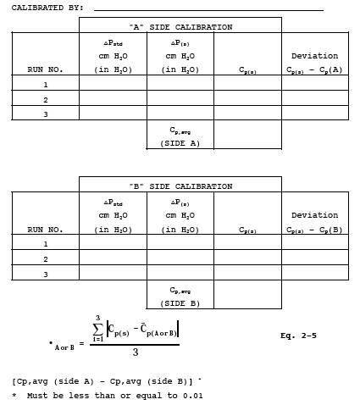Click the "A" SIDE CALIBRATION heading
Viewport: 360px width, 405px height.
180,27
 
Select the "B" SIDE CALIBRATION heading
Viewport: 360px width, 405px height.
180,186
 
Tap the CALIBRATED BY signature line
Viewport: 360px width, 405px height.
208,10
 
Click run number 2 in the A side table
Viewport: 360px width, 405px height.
46,100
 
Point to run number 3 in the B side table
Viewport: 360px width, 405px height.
46,275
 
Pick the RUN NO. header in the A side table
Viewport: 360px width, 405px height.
45,69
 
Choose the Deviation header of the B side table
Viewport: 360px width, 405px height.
315,215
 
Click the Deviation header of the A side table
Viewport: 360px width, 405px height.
315,56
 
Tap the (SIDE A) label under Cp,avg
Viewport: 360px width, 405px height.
180,143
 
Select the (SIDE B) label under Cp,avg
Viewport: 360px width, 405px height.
180,303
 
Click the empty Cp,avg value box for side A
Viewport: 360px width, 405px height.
247,134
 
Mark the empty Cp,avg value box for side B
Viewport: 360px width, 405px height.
247,294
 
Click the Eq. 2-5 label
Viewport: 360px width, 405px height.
298,336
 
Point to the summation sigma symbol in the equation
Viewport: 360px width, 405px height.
97,329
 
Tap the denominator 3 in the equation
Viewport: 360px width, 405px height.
136,352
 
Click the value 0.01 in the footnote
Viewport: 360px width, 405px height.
192,396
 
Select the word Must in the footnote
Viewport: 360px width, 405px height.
37,396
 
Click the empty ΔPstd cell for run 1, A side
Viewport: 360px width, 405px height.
113,83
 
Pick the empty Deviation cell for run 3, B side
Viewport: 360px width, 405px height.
315,272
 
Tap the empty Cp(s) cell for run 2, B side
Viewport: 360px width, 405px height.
247,257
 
